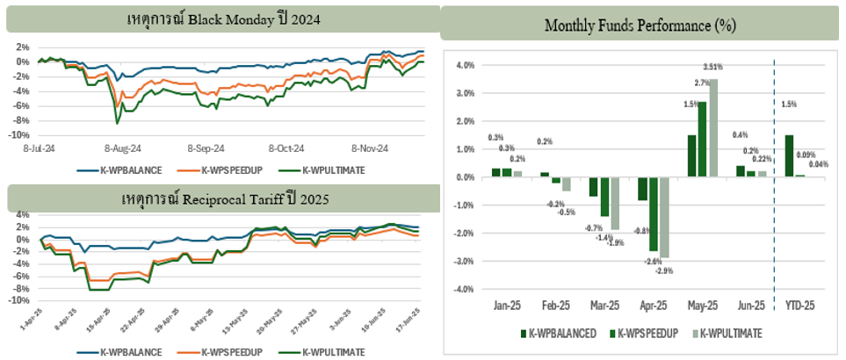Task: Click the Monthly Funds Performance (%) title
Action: (640, 25)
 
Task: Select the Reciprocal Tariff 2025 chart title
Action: (224, 199)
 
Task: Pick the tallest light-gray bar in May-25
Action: (713, 128)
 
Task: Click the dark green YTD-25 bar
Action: (789, 155)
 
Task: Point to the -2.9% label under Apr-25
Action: (665, 271)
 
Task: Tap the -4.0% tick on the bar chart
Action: (464, 289)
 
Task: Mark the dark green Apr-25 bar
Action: (642, 189)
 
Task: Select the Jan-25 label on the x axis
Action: (504, 306)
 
